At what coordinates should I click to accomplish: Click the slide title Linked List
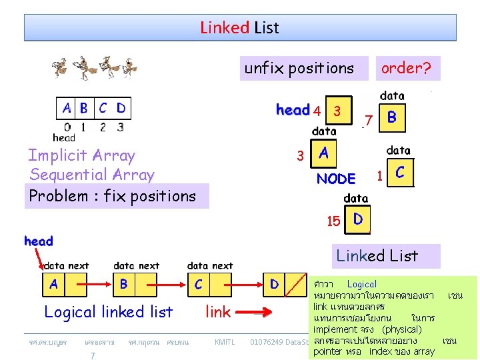coord(239,28)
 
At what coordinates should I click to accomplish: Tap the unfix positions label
coord(299,68)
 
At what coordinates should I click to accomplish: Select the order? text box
coord(405,68)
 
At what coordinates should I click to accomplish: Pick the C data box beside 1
coord(400,172)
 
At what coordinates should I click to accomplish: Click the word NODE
coord(336,179)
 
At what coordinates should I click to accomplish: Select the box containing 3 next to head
coord(338,111)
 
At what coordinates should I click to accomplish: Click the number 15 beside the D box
coord(333,221)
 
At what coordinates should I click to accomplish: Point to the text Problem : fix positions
coord(112,196)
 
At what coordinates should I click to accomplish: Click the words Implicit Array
coord(81,156)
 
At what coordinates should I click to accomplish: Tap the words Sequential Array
coord(92,175)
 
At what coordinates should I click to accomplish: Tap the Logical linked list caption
coord(108,311)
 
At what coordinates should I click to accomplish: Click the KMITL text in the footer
coord(224,342)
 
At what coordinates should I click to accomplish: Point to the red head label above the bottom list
coord(39,241)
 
